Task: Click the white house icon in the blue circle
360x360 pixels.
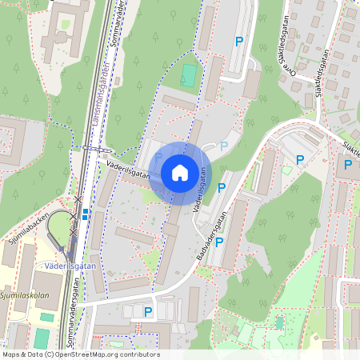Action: click(180, 173)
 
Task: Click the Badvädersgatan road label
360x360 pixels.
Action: click(211, 234)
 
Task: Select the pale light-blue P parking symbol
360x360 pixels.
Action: click(224, 146)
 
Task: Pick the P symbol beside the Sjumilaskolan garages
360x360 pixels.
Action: click(148, 310)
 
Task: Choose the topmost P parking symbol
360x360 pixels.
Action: click(238, 41)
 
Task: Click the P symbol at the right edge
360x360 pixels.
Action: click(348, 165)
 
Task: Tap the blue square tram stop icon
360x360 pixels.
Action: click(86, 214)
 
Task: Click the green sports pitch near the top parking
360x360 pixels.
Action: click(189, 75)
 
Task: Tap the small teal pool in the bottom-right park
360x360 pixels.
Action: click(279, 323)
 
